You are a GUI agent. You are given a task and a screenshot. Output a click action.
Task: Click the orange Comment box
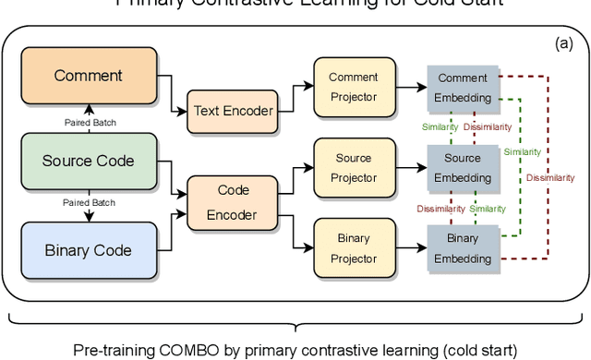click(x=88, y=75)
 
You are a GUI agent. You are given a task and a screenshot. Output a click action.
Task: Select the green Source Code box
click(x=88, y=161)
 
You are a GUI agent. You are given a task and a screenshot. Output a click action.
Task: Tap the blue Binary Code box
click(x=88, y=250)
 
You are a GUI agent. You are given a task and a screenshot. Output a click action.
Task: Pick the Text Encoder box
click(x=233, y=111)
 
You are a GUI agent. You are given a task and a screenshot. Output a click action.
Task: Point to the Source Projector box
click(x=354, y=169)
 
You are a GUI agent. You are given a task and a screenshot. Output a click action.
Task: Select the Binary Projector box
click(x=354, y=248)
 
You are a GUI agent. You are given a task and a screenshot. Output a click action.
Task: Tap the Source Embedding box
click(x=463, y=169)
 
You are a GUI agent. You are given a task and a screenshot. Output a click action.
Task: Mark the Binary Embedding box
click(x=463, y=248)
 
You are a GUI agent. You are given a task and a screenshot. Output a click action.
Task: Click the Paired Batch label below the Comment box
click(x=90, y=122)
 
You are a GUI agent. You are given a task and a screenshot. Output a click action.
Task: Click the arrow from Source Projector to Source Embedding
click(x=409, y=169)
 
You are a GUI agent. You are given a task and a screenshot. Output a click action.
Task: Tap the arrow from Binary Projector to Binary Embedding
click(x=409, y=248)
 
